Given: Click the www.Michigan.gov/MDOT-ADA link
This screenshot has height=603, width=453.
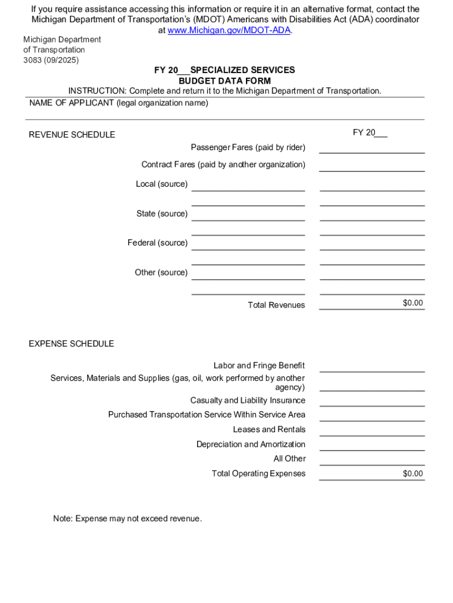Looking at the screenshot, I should click(229, 30).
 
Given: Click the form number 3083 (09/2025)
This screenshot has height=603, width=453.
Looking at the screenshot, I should click(51, 60).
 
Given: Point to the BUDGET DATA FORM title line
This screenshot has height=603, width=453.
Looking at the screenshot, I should click(224, 81).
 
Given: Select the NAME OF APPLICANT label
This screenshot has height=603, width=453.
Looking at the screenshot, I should click(118, 103).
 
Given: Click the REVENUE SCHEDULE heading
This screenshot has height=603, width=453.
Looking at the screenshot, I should click(72, 135).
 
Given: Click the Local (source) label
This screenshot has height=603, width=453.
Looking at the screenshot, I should click(162, 184).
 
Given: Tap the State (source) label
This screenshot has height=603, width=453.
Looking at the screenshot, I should click(162, 213).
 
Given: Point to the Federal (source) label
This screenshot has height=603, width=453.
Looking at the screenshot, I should click(158, 243).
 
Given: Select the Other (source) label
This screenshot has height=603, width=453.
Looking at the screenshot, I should click(161, 272).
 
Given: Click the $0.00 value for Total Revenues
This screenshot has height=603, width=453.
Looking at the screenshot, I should click(412, 303).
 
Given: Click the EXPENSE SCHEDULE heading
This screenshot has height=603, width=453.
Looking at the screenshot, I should click(71, 343).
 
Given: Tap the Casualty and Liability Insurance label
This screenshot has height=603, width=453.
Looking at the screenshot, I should click(248, 400).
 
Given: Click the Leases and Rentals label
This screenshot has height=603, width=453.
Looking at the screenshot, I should click(269, 429).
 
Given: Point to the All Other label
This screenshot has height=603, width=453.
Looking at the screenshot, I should click(289, 459).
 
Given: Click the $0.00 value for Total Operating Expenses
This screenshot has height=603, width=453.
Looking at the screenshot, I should click(412, 473).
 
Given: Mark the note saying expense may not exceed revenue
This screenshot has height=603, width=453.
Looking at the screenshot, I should click(127, 519).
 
